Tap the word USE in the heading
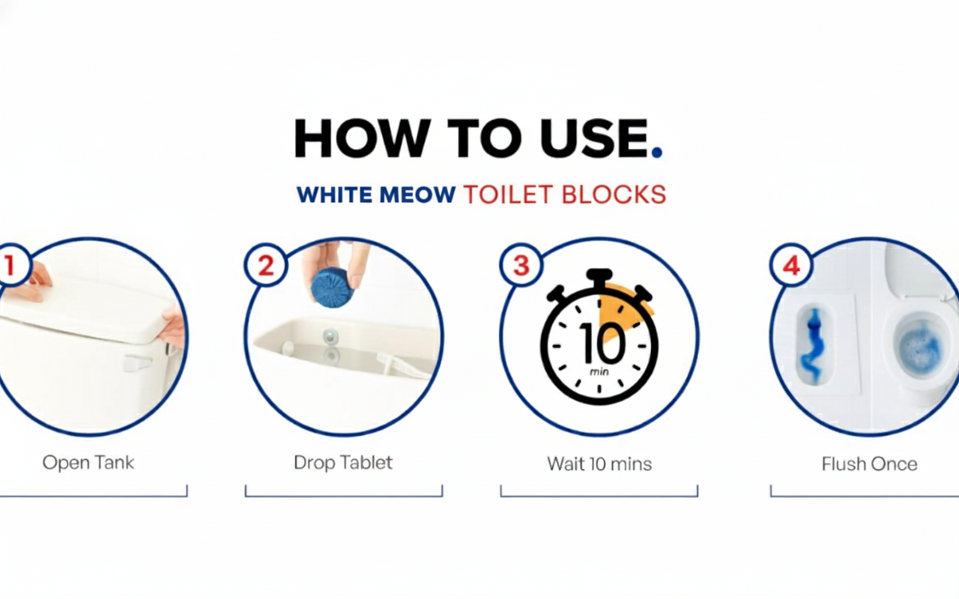pos(594,139)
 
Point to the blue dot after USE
pos(657,152)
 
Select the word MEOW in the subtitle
pos(417,195)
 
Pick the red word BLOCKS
pos(614,195)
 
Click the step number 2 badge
pos(266,265)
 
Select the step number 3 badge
pos(521,265)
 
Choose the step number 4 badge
pos(791,265)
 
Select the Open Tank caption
pos(88,463)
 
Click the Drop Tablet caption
pos(343,463)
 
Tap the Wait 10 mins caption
pos(599,464)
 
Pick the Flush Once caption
pos(870,464)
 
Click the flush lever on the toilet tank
pos(138,362)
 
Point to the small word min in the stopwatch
pos(599,371)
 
